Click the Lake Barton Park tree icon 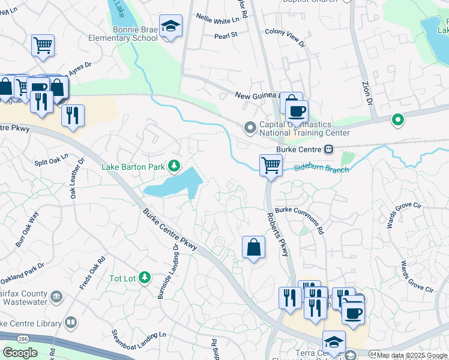pyautogui.click(x=174, y=165)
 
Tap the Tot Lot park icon pyautogui.click(x=144, y=277)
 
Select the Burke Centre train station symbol pyautogui.click(x=328, y=149)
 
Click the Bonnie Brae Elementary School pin pyautogui.click(x=171, y=27)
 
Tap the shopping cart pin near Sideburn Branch pyautogui.click(x=271, y=165)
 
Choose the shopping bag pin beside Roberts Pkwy pyautogui.click(x=253, y=247)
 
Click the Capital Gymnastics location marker pyautogui.click(x=250, y=128)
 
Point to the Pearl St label pyautogui.click(x=226, y=35)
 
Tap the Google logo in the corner pyautogui.click(x=20, y=353)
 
